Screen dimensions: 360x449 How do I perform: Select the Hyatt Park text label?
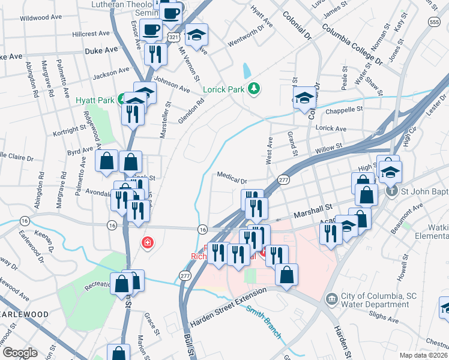coord(96,100)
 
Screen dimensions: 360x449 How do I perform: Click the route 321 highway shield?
coord(173,37)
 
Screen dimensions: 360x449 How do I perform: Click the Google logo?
coord(20,353)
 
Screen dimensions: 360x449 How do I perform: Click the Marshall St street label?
coord(313,211)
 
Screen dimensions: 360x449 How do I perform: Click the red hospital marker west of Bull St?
coord(146,243)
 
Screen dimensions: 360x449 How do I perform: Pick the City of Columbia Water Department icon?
coord(331,298)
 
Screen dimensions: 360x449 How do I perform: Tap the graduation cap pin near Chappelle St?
coord(304,98)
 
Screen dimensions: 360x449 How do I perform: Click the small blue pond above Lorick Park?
coord(247,71)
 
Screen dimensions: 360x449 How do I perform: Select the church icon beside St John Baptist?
coord(391,191)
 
